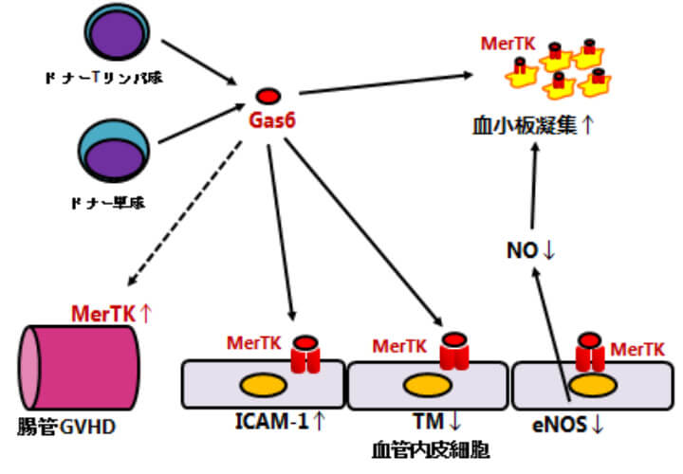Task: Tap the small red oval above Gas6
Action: [x=268, y=96]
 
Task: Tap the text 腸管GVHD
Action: [x=67, y=427]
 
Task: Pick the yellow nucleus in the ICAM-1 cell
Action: [x=259, y=387]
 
